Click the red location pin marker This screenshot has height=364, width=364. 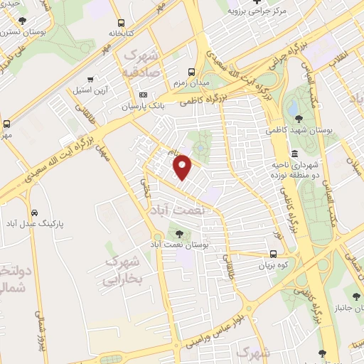click(x=183, y=166)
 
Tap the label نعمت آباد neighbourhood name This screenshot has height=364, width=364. click(x=176, y=210)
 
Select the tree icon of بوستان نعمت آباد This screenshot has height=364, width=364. click(x=178, y=232)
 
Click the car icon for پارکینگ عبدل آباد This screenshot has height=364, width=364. click(x=35, y=213)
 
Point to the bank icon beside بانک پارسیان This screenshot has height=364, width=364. click(x=143, y=95)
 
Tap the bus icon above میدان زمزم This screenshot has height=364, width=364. click(x=191, y=72)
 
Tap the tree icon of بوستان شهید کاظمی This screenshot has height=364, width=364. click(x=296, y=119)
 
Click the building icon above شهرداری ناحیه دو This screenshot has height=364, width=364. click(x=294, y=154)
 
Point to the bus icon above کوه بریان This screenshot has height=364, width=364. click(x=274, y=254)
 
